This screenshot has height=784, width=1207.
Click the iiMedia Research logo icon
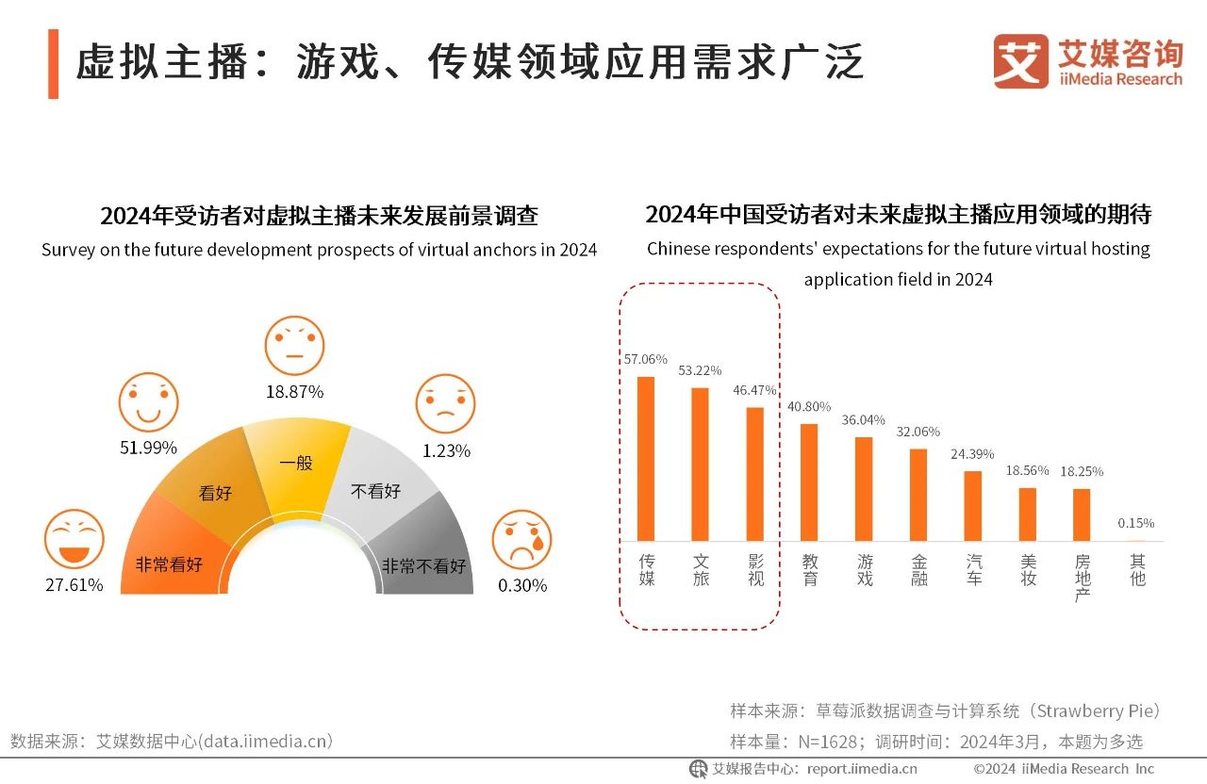(1020, 61)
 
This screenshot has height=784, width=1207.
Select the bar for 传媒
(646, 458)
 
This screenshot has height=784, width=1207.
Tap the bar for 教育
(809, 482)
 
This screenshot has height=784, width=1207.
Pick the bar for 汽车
(973, 505)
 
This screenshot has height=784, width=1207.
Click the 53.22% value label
(700, 370)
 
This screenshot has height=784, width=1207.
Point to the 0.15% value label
(1135, 523)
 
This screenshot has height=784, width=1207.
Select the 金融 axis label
(919, 570)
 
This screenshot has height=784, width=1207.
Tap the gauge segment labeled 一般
(296, 466)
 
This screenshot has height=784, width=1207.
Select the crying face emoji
(521, 539)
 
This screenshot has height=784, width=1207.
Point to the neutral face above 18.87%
(294, 346)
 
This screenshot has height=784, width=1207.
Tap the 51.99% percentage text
(148, 448)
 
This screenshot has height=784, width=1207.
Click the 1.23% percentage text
(446, 450)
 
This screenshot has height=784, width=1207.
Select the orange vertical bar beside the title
(53, 63)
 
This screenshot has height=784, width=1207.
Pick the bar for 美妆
(1028, 514)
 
